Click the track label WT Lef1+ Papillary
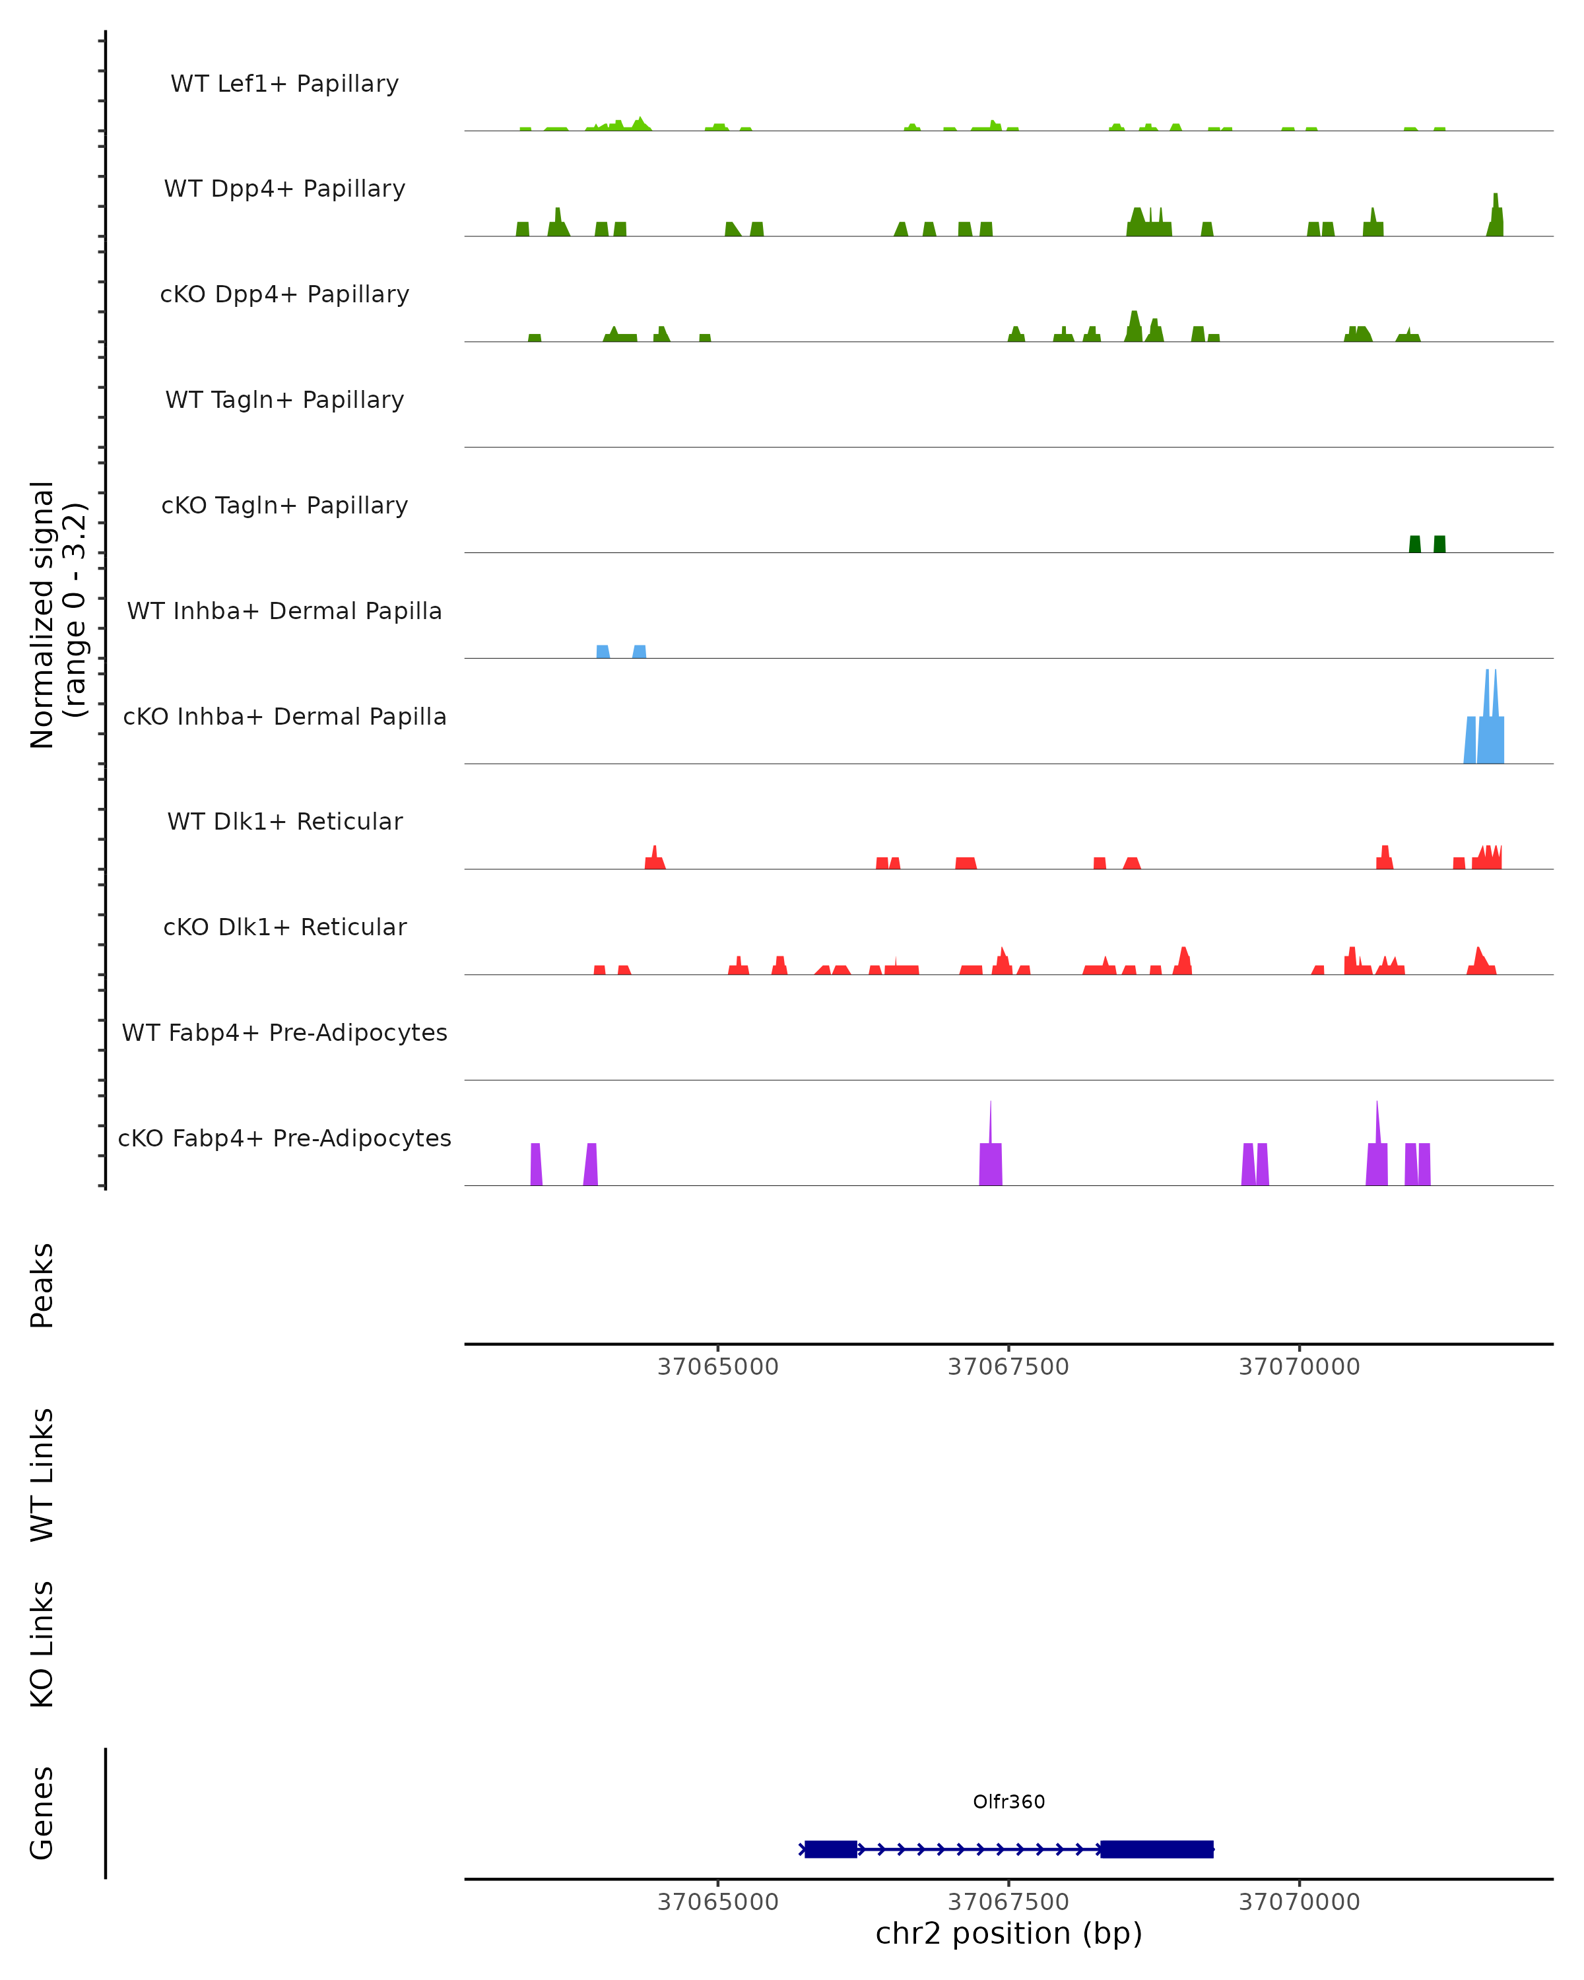[x=284, y=84]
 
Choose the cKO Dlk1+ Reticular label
[x=284, y=927]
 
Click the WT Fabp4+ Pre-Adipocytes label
[x=284, y=1032]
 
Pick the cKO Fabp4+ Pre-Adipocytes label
[x=284, y=1138]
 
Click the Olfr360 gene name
[x=1008, y=1802]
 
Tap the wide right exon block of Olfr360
[x=1156, y=1849]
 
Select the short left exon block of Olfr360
[x=830, y=1849]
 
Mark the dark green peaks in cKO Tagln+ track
[x=1426, y=544]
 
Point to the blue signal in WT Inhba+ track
[x=621, y=651]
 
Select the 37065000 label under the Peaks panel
[x=717, y=1367]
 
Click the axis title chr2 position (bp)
[x=1008, y=1933]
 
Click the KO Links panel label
[x=42, y=1644]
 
